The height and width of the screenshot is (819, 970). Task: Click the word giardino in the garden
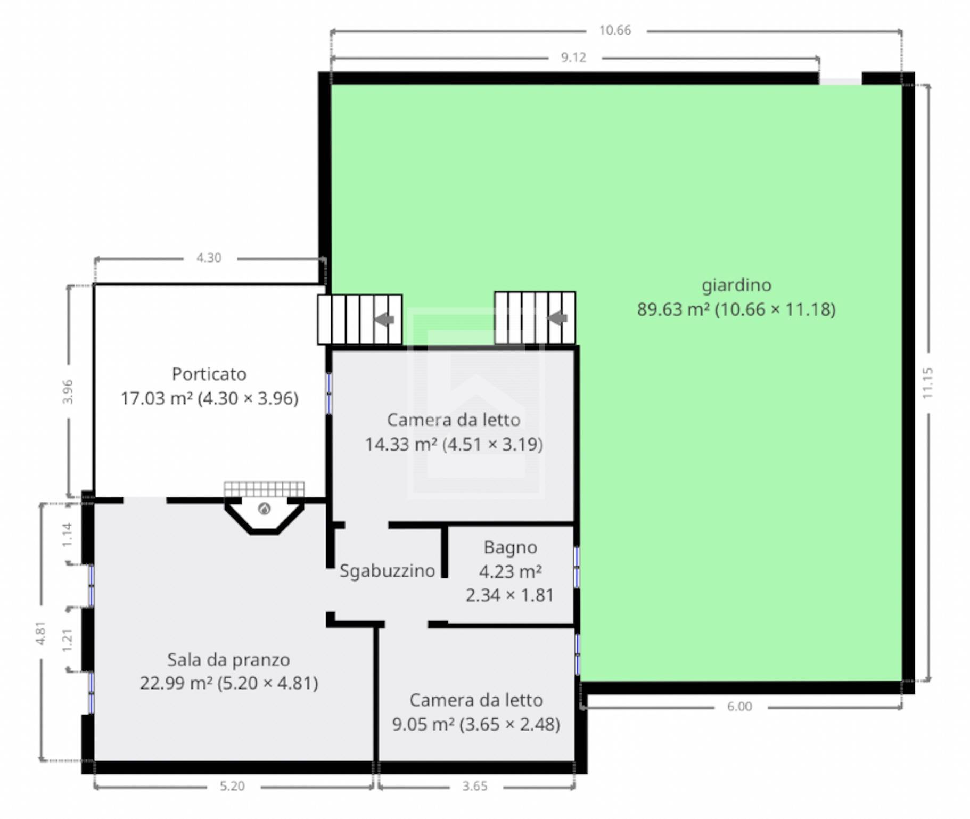736,286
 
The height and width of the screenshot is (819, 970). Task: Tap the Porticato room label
209,374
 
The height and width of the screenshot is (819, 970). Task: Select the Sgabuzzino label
387,571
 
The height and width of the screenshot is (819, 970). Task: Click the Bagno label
510,547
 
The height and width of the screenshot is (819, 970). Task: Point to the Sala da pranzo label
228,660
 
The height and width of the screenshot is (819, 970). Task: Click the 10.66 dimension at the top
615,30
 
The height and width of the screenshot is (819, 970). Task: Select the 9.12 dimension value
573,58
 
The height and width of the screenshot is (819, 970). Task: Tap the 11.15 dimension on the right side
927,383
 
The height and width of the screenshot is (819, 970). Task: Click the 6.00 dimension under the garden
739,707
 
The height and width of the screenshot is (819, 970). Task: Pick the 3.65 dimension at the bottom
475,786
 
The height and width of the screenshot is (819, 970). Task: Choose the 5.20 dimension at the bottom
232,786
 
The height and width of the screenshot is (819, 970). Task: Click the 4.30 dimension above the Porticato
209,258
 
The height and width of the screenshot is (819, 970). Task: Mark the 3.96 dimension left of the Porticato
68,391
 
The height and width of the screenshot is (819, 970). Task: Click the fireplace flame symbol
264,509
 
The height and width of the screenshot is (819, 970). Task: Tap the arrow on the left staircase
384,320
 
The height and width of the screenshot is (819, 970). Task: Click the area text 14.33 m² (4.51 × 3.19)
454,444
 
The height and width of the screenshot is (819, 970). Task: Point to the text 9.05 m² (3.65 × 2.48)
476,724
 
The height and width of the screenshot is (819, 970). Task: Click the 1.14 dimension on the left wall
67,534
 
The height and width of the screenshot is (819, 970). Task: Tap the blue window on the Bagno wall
577,568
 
